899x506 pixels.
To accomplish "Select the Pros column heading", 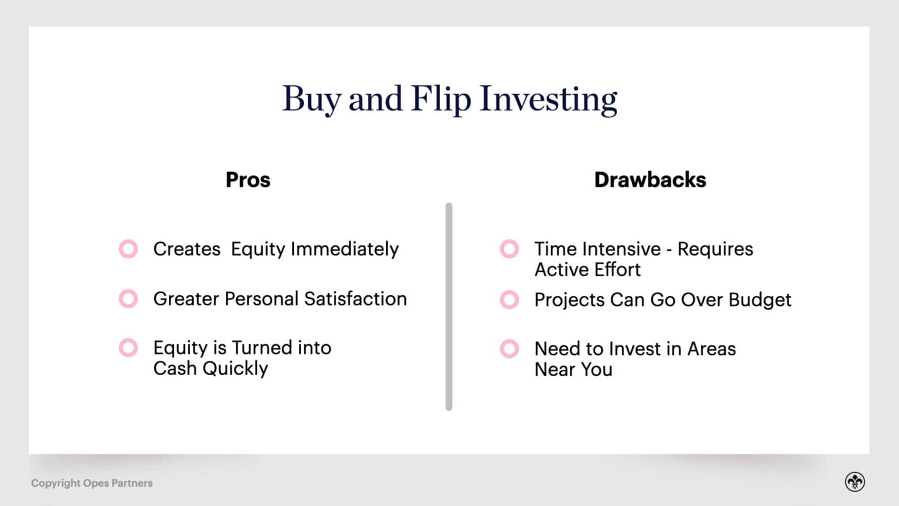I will click(248, 180).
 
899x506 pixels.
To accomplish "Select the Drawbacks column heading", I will click(650, 180).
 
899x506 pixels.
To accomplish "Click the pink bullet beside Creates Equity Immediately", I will click(128, 249).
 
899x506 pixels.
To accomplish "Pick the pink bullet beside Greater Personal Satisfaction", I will click(128, 299).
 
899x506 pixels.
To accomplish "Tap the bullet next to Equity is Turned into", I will click(128, 348).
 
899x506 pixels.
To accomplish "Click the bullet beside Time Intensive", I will click(509, 249).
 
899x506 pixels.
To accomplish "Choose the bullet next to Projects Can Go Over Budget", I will click(509, 299).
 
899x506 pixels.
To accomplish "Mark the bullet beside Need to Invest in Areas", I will click(509, 349).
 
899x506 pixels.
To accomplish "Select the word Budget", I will click(761, 300).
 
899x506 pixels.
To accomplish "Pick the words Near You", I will click(573, 370).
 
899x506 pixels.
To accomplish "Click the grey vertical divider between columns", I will click(449, 306).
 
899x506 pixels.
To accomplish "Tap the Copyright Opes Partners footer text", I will click(92, 483).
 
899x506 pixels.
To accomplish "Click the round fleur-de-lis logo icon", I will click(855, 482).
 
